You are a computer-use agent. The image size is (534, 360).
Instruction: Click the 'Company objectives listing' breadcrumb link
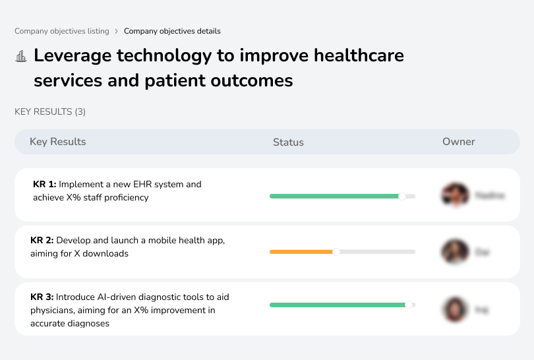point(62,31)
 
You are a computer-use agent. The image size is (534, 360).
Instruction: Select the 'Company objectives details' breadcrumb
point(172,31)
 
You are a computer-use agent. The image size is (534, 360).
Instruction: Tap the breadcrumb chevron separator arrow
point(117,31)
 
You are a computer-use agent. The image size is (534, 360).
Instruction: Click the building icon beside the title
point(21,56)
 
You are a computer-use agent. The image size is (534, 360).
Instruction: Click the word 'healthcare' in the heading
point(359,55)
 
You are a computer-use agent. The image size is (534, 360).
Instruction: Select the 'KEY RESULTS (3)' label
point(50,112)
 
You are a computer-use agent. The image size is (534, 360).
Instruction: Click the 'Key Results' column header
point(57,142)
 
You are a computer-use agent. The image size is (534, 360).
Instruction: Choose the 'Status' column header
point(288,142)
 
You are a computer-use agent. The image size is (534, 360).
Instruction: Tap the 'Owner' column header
point(459,142)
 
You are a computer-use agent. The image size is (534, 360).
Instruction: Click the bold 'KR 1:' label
point(44,185)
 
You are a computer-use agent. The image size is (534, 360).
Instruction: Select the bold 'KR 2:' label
point(42,241)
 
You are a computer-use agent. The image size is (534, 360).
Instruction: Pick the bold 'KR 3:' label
point(42,297)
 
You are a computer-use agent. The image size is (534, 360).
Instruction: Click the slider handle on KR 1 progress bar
point(401,196)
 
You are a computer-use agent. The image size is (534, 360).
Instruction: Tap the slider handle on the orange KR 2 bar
point(336,252)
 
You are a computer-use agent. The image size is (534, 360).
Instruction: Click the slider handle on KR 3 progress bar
point(409,305)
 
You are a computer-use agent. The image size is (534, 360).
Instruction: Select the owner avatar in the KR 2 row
point(455,252)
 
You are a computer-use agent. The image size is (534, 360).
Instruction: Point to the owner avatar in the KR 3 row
point(455,309)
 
